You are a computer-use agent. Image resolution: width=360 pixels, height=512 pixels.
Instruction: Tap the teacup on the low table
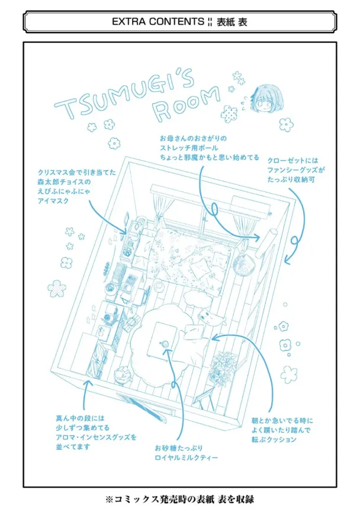164,344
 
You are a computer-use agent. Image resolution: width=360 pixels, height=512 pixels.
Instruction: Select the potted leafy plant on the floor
221,369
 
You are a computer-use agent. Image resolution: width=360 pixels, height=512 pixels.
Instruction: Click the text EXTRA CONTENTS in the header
158,21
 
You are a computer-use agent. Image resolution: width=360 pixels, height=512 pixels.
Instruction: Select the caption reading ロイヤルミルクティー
187,457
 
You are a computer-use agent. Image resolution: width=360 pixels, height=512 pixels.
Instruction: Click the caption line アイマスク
53,201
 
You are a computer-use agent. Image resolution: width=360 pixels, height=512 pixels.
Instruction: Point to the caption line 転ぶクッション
274,439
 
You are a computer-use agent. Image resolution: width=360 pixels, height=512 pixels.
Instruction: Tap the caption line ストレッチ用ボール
189,148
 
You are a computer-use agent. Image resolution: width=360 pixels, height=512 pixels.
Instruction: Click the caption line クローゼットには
292,161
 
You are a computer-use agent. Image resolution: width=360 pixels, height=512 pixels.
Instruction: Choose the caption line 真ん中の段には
80,418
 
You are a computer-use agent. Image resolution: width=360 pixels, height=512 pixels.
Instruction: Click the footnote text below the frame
179,500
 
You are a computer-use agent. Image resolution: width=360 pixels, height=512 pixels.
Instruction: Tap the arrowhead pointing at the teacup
168,351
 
